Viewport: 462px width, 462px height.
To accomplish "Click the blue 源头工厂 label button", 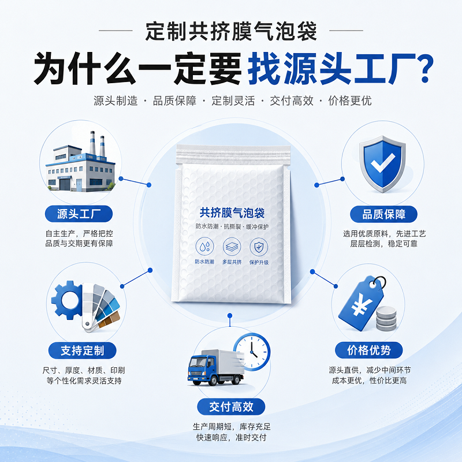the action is (x=79, y=214).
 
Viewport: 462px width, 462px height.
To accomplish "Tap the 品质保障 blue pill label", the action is (x=383, y=214).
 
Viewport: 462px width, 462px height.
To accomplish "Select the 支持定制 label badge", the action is (x=82, y=351).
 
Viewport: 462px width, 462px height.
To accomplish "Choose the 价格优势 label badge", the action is (x=368, y=351).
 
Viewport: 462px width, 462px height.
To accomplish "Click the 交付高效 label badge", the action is (x=231, y=407).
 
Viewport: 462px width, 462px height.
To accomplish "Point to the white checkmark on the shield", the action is (x=382, y=163).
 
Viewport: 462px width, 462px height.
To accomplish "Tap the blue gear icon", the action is (x=67, y=300).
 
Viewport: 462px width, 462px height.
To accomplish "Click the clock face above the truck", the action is (x=252, y=352).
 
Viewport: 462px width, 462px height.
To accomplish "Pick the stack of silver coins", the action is (x=386, y=319).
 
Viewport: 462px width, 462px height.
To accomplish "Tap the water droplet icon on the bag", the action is (x=205, y=247).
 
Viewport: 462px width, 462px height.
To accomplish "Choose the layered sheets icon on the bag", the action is (x=232, y=247).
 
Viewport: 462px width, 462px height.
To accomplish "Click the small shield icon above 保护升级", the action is (x=259, y=247).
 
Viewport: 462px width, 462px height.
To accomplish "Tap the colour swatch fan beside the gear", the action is (x=100, y=307).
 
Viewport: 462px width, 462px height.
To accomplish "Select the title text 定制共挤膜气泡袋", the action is (x=231, y=31).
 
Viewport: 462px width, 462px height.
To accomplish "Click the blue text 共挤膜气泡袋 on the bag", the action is (x=232, y=213).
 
